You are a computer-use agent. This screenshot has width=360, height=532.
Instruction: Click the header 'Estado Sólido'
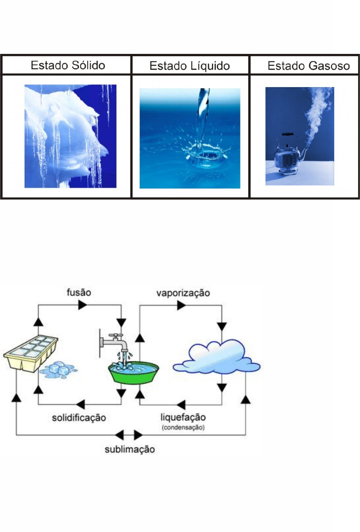[68, 65]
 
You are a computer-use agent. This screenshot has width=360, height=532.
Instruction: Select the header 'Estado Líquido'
[190, 66]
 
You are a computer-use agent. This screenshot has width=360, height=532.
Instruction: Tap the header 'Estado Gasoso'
[308, 66]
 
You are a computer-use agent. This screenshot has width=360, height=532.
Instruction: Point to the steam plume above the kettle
[315, 113]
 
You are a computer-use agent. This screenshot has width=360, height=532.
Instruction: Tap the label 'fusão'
[79, 292]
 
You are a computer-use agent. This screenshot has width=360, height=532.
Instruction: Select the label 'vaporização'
[183, 293]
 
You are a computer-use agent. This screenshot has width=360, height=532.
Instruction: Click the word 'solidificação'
[79, 418]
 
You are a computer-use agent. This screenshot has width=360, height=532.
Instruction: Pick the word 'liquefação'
[183, 417]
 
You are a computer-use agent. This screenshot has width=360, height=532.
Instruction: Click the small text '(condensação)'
[183, 427]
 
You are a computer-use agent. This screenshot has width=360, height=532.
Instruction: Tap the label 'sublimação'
[130, 449]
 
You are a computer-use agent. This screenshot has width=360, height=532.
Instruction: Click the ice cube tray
[30, 353]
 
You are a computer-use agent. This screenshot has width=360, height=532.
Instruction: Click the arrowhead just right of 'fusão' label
[83, 305]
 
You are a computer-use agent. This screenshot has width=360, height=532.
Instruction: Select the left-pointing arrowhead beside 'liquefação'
[181, 404]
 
